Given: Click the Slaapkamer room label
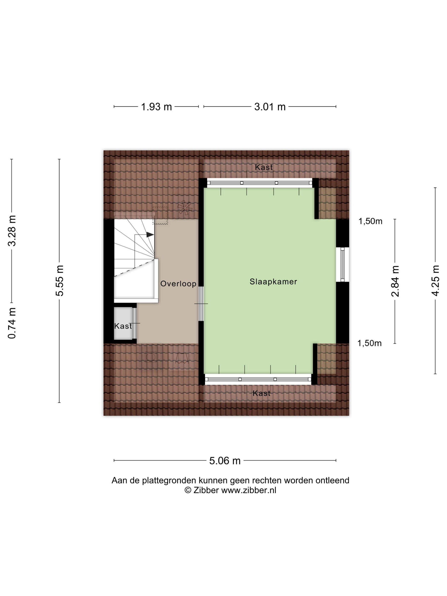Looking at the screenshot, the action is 273,282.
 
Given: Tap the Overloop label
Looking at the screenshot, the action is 178,284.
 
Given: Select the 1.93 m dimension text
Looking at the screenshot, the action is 156,107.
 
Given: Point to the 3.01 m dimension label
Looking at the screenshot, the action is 270,107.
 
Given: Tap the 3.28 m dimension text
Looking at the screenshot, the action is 12,231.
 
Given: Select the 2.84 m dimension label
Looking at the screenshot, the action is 395,281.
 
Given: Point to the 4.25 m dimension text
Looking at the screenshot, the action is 436,281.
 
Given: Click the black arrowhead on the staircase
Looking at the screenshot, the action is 150,235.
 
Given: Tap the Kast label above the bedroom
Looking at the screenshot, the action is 264,167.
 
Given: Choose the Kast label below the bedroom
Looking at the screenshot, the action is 261,393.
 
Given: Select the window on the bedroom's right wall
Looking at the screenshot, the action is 342,264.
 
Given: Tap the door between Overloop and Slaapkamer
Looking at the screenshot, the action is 201,304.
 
